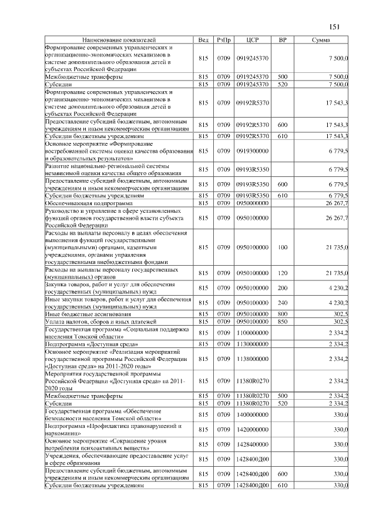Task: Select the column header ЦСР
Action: [x=253, y=39]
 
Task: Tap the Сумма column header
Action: [x=320, y=39]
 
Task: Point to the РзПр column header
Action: [x=223, y=39]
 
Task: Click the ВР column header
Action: [x=282, y=39]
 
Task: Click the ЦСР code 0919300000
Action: [x=253, y=151]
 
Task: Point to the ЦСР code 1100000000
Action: [x=253, y=333]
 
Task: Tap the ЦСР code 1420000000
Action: [x=253, y=430]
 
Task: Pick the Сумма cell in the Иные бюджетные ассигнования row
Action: [x=340, y=314]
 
